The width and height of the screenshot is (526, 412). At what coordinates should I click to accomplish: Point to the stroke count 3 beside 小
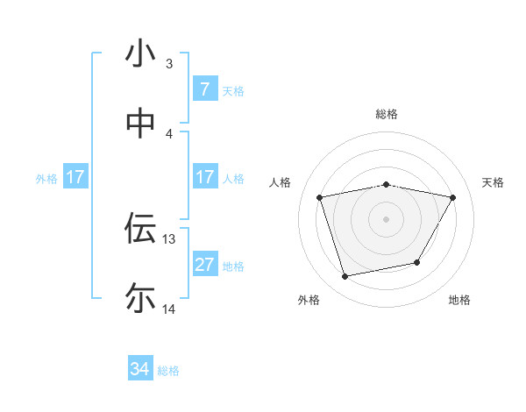(169, 64)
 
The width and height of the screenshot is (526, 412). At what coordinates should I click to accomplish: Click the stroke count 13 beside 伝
(169, 238)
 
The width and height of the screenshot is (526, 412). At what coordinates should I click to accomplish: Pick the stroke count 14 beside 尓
(169, 309)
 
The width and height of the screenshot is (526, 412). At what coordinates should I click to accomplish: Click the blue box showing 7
(204, 89)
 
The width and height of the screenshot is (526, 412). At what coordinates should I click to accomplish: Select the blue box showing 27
(204, 265)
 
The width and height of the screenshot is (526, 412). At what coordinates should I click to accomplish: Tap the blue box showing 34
(140, 369)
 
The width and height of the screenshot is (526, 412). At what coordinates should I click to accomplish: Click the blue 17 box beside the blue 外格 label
(75, 177)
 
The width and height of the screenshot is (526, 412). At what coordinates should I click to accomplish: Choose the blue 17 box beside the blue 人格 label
(204, 177)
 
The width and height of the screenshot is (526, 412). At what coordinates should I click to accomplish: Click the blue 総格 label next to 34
(168, 370)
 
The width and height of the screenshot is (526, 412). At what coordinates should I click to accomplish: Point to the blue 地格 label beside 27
(233, 266)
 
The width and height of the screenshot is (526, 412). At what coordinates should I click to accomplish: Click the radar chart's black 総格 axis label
(386, 115)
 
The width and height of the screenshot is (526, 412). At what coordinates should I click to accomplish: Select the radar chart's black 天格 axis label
(493, 182)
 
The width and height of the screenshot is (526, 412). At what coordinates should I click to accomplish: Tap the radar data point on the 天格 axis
(452, 198)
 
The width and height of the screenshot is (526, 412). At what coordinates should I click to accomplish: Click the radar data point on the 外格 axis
(345, 276)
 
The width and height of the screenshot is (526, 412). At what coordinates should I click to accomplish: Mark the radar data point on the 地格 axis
(417, 262)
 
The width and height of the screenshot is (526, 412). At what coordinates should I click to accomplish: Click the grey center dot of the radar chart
(386, 219)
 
